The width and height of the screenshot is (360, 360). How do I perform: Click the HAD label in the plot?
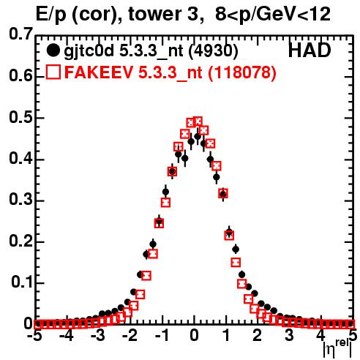310,50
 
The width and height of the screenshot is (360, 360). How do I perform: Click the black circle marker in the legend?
53,50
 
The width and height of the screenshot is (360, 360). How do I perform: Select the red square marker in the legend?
53,72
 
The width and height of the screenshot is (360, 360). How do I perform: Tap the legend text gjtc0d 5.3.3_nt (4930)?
151,51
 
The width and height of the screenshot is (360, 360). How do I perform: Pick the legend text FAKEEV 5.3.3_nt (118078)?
170,72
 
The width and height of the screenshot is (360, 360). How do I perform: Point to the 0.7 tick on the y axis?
20,34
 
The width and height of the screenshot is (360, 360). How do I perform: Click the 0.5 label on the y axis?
20,117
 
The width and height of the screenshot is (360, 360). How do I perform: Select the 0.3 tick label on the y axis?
20,200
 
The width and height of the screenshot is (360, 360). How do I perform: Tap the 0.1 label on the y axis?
22,282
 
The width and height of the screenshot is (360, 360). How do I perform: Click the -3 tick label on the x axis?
97,335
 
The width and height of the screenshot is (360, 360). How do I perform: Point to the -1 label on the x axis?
162,335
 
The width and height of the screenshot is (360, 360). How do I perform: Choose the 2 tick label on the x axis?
257,335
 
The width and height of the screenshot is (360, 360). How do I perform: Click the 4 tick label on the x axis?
320,335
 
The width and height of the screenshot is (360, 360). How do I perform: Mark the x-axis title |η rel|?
337,349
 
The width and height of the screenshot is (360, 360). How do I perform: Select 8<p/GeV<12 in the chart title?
273,15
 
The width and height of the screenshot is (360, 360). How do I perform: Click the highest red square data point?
198,121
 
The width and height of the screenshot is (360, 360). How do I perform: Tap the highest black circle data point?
198,137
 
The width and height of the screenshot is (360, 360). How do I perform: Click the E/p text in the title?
51,15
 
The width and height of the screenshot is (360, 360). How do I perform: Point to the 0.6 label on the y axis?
20,75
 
